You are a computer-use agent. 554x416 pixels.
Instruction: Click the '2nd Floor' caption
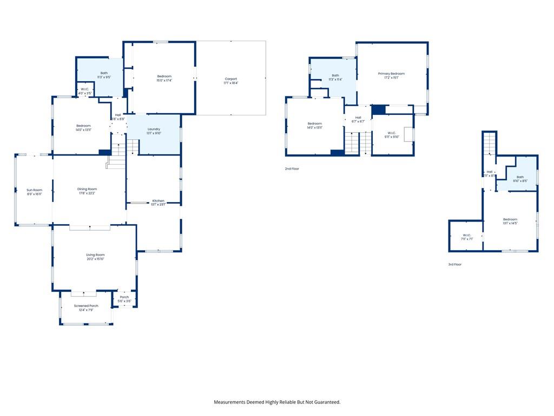292,169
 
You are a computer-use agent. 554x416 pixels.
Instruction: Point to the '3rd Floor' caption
454,264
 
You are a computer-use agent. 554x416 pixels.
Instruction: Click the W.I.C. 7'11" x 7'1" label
466,237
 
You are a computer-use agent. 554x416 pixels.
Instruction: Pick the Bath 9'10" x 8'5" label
520,179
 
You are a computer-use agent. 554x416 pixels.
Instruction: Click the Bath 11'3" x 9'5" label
104,75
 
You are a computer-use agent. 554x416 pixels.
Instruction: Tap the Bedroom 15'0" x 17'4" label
164,79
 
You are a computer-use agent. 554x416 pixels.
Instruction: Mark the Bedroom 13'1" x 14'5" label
510,221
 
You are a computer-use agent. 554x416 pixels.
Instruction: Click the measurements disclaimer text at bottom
277,402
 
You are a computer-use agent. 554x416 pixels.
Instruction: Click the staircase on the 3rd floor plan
490,144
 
